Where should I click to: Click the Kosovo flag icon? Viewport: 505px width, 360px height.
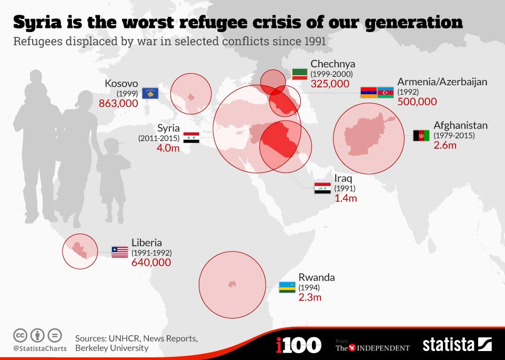click(x=150, y=94)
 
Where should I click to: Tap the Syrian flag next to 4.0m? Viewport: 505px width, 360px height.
click(x=191, y=138)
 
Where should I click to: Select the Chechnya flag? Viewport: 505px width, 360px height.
click(x=300, y=74)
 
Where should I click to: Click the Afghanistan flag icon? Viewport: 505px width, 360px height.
click(x=421, y=136)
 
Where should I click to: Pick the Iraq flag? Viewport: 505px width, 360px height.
click(x=322, y=188)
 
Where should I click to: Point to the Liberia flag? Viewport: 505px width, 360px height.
click(x=119, y=252)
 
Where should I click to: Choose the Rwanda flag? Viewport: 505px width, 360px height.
click(x=287, y=287)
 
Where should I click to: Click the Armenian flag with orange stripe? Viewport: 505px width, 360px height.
click(x=368, y=92)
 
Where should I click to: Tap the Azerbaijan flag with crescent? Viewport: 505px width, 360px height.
click(x=386, y=92)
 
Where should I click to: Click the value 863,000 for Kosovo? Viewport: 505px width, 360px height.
click(x=118, y=103)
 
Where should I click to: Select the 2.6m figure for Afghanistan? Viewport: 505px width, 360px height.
click(x=445, y=145)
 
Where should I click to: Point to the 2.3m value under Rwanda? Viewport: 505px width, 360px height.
click(x=310, y=297)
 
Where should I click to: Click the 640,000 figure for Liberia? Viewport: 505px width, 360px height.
click(x=151, y=262)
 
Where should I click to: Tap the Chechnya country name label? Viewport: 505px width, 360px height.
click(x=332, y=65)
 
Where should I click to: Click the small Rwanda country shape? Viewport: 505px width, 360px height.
click(x=231, y=284)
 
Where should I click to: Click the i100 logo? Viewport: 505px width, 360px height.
click(x=298, y=345)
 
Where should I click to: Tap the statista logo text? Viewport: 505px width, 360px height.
click(x=449, y=345)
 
